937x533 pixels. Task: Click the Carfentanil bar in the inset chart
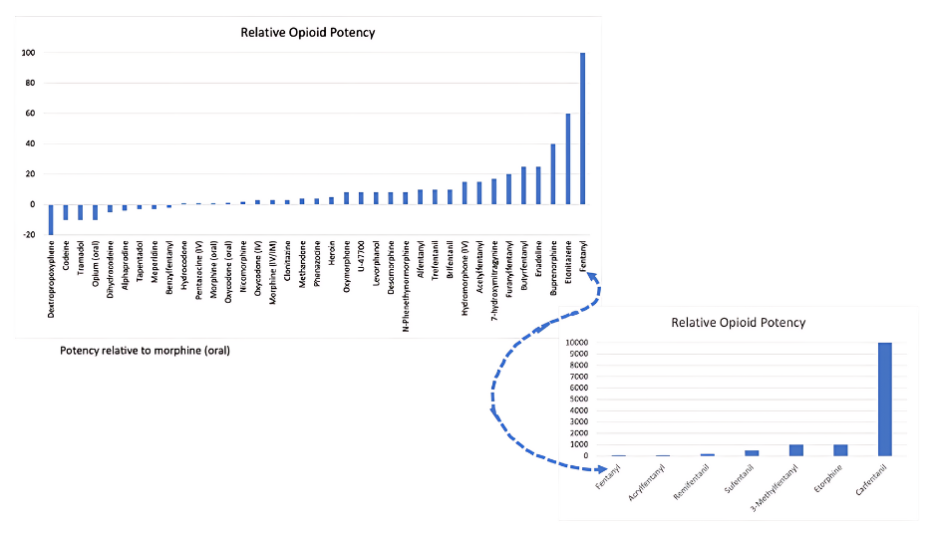(x=885, y=399)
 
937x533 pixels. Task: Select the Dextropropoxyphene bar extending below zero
(x=51, y=219)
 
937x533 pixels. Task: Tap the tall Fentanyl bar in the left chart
(x=582, y=129)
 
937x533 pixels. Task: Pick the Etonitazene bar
(x=567, y=158)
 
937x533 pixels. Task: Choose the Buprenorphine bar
(x=553, y=174)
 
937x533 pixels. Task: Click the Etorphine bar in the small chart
(x=840, y=450)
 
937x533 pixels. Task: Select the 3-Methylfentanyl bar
(x=796, y=450)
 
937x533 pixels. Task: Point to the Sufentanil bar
(x=752, y=453)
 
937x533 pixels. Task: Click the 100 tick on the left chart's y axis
(x=28, y=53)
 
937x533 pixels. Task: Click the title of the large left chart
(x=308, y=33)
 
